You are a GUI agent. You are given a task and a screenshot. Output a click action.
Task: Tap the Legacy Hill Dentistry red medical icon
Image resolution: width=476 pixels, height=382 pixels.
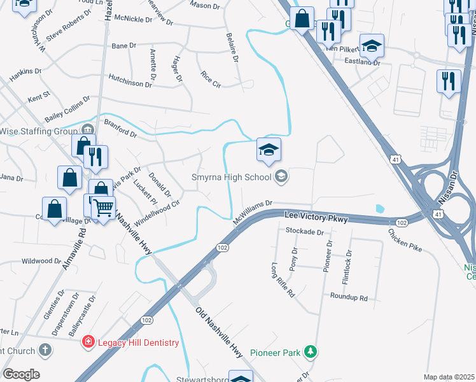pyautogui.click(x=90, y=343)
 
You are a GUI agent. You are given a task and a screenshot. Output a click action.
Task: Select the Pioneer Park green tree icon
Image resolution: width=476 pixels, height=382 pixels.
pyautogui.click(x=310, y=351)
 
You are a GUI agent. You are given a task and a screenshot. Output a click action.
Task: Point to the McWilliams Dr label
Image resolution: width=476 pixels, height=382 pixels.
pyautogui.click(x=252, y=208)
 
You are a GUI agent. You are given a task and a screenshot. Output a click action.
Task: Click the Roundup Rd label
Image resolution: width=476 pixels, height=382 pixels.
pyautogui.click(x=349, y=297)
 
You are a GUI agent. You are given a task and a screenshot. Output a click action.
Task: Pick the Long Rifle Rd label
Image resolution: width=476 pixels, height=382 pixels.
pyautogui.click(x=283, y=281)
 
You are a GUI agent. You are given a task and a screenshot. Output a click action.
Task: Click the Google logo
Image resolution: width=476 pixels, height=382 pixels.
pyautogui.click(x=21, y=374)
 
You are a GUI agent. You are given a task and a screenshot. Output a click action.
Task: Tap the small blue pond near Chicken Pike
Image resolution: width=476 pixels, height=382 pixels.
pyautogui.click(x=380, y=208)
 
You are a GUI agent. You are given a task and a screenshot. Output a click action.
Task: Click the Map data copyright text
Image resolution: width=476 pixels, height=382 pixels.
pyautogui.click(x=448, y=377)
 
